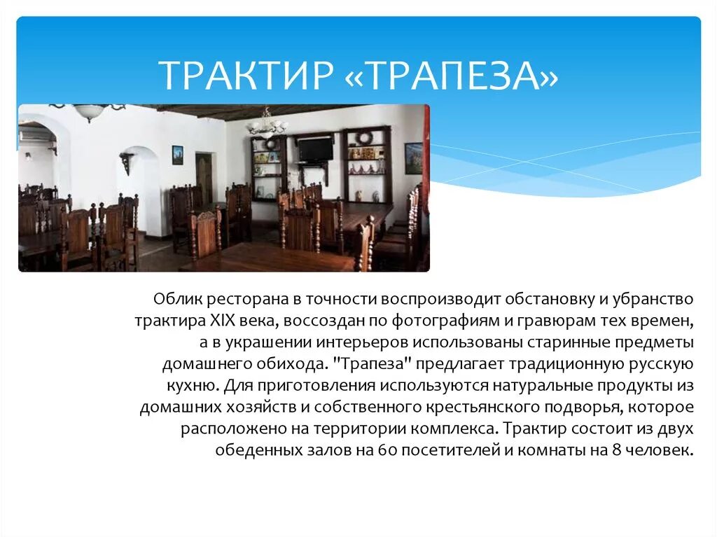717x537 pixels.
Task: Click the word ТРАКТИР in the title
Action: (244, 76)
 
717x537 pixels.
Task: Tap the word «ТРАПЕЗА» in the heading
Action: (451, 76)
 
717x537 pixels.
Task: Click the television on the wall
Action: (314, 148)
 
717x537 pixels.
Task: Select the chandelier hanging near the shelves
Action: (267, 125)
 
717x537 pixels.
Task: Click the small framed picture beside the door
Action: (177, 155)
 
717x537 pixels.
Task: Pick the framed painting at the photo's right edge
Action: (413, 158)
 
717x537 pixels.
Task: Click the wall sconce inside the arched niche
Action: (127, 162)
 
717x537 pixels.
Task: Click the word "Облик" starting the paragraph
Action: (177, 300)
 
